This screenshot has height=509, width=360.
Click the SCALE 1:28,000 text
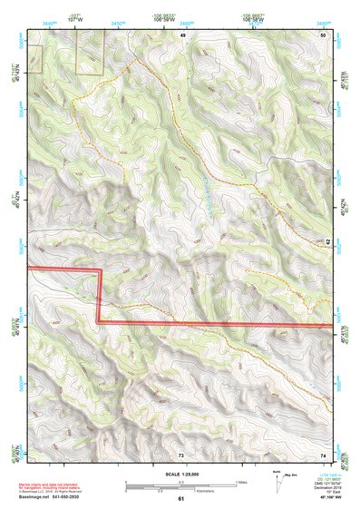click(180, 474)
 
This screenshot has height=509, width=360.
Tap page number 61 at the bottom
click(180, 498)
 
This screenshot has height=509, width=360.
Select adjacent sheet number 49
click(182, 34)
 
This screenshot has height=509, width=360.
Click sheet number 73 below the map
click(180, 454)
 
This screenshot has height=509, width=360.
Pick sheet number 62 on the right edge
click(327, 243)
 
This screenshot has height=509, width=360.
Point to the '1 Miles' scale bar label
click(240, 482)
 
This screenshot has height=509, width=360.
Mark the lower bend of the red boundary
click(98, 322)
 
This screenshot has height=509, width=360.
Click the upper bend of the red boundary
click(98, 270)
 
